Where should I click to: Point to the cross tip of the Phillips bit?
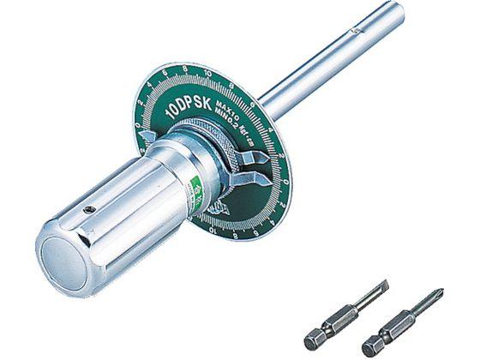437,295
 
